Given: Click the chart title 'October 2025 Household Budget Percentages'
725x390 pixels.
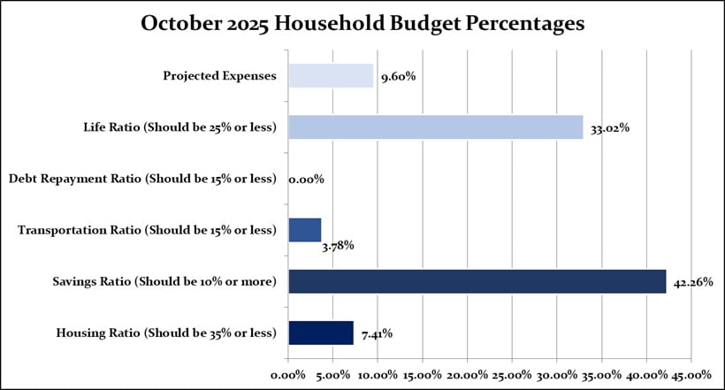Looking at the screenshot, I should coord(362,25).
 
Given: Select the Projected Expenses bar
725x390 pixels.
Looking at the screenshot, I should coord(331,76).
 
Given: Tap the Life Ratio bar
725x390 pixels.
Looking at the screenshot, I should coord(435,127).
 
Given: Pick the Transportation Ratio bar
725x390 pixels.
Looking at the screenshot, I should coord(305,230).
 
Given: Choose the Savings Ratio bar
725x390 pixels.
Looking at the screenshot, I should coord(477,281).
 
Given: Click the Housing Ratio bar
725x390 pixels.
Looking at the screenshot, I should coord(321,333).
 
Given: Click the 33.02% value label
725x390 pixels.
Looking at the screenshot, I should coord(610,128).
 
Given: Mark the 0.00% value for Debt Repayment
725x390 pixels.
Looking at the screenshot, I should coord(306,179).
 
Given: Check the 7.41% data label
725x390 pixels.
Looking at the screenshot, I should coord(375,333).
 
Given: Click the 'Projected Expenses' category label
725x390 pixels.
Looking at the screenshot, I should coord(219,76).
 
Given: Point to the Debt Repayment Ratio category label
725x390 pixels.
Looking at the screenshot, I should coord(142,179).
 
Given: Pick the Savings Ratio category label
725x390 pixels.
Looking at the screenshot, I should coord(164,281).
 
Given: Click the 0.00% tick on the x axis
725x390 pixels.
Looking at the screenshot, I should coord(288,374).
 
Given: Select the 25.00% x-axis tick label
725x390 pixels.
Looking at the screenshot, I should coord(512,374).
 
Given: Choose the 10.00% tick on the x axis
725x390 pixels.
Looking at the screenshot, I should coord(378,374).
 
